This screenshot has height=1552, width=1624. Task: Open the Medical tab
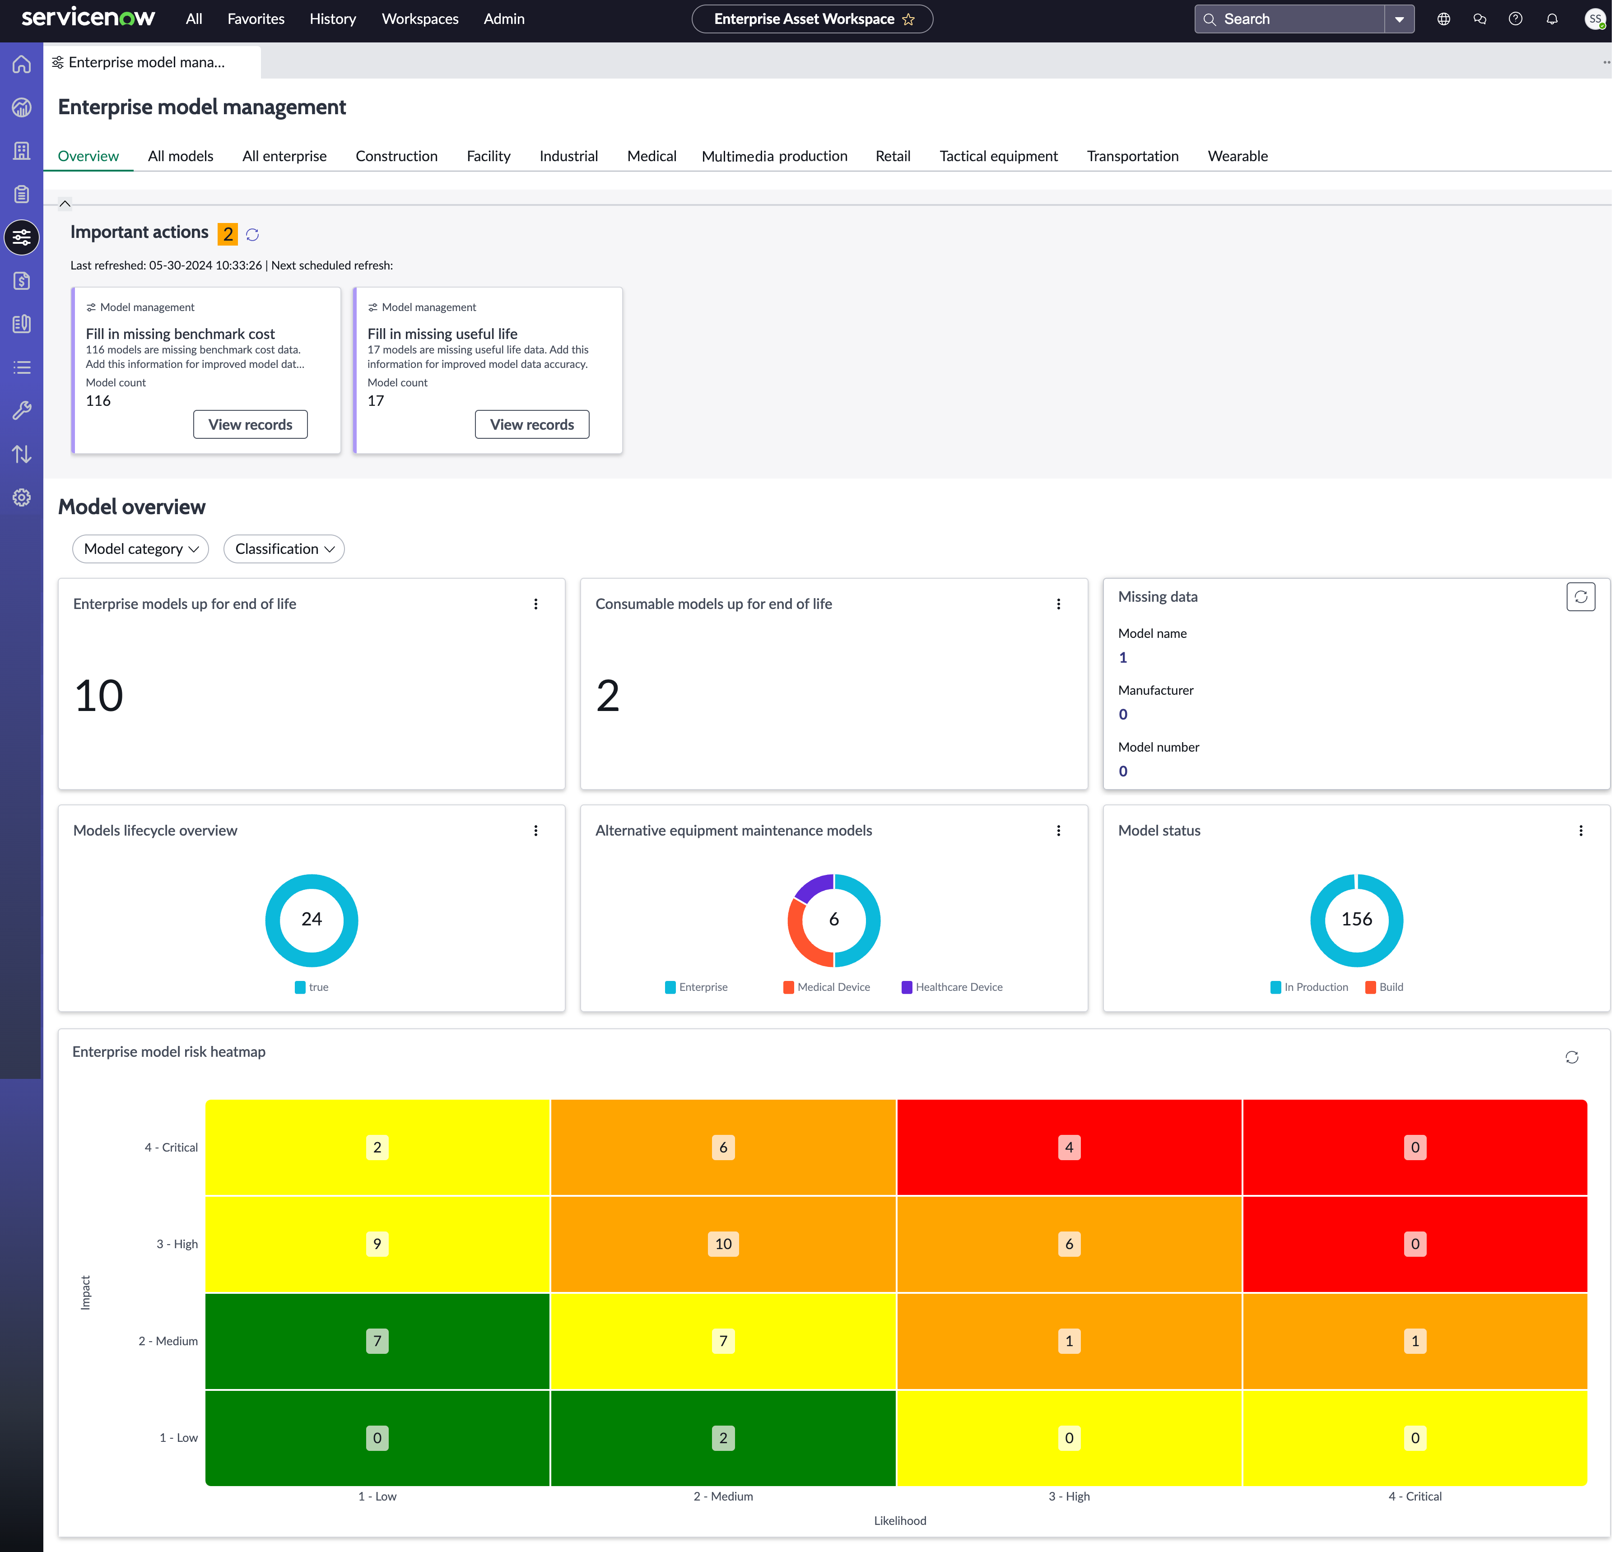pyautogui.click(x=651, y=156)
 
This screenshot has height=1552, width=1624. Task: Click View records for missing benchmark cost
pyautogui.click(x=250, y=424)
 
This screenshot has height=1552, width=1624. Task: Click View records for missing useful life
pyautogui.click(x=532, y=424)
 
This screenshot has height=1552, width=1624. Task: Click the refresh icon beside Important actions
pyautogui.click(x=252, y=235)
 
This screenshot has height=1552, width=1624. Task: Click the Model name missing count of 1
pyautogui.click(x=1123, y=658)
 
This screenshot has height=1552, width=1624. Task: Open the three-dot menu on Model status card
pyautogui.click(x=1580, y=831)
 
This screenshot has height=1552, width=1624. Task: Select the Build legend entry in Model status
pyautogui.click(x=1384, y=987)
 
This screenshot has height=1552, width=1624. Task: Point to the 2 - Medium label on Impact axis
pyautogui.click(x=168, y=1341)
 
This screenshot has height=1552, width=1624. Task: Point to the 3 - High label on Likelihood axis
pyautogui.click(x=1069, y=1496)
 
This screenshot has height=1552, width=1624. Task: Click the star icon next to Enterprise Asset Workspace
pyautogui.click(x=908, y=19)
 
